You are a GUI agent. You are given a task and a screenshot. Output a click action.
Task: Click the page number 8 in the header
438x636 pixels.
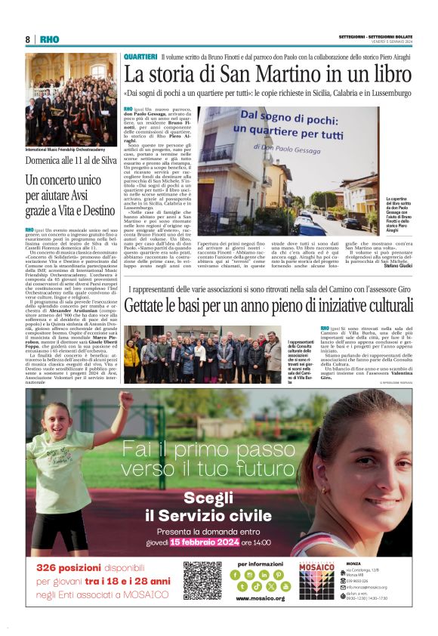[x=28, y=39]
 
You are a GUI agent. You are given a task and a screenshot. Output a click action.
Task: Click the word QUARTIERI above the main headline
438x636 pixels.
[x=140, y=57]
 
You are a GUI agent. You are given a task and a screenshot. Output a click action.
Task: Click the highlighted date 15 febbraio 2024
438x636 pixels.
[x=204, y=542]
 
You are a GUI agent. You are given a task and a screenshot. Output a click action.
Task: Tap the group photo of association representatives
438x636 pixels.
[x=202, y=355]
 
